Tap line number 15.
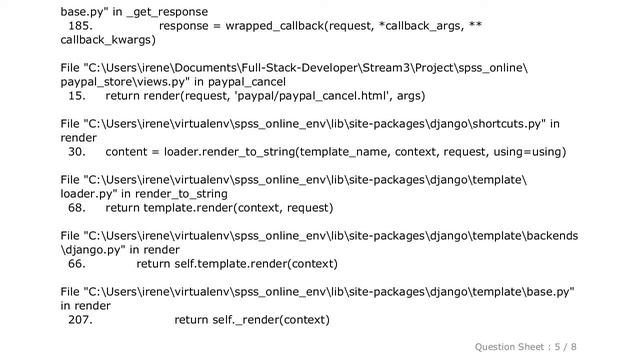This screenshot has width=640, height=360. tap(76, 96)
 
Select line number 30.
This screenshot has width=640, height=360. tap(76, 152)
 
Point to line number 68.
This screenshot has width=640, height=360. tap(76, 208)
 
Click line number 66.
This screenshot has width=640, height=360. tap(76, 264)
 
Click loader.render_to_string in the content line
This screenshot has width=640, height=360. tap(269, 152)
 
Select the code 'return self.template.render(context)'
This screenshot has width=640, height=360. tap(237, 264)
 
